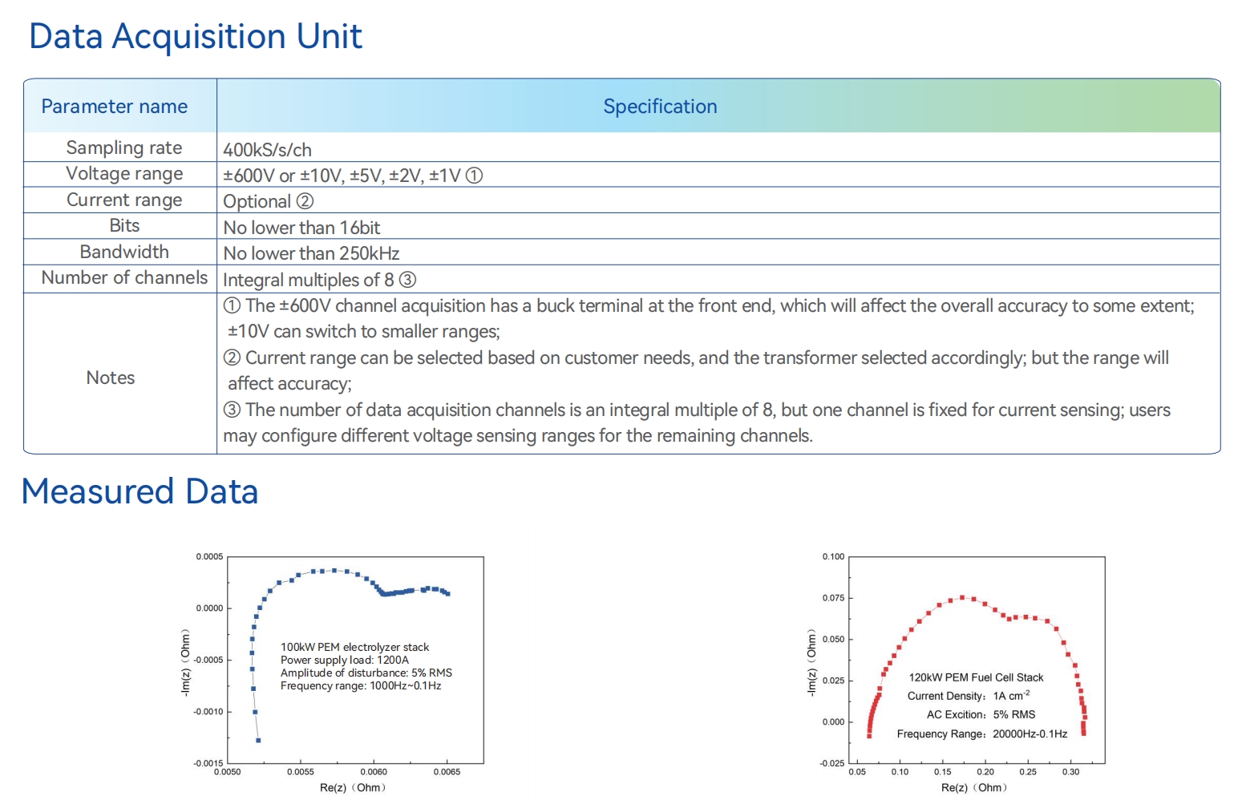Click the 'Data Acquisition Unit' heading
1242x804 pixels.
pos(195,37)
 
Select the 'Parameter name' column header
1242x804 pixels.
pos(114,107)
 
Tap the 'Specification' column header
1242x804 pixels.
pos(659,107)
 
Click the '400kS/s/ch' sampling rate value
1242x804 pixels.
pos(267,150)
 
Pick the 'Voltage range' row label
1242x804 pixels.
pos(124,174)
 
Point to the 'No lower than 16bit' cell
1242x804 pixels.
pos(301,228)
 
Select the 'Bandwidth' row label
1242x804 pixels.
pos(124,252)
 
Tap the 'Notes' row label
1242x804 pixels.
pos(111,378)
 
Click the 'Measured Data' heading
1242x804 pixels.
pos(140,492)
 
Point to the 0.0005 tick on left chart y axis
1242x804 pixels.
pos(209,557)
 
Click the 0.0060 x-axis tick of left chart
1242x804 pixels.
pos(374,772)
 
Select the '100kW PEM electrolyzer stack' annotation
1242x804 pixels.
pos(354,647)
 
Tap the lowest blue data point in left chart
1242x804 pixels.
pos(258,740)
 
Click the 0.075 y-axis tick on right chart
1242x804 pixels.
pos(833,598)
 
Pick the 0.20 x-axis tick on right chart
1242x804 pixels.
pos(985,772)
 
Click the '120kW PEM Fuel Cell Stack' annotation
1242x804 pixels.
pos(976,677)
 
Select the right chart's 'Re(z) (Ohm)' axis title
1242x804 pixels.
pos(973,788)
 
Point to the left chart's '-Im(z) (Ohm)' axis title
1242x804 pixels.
pos(186,661)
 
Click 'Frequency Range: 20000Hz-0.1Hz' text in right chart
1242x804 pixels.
pos(981,733)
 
